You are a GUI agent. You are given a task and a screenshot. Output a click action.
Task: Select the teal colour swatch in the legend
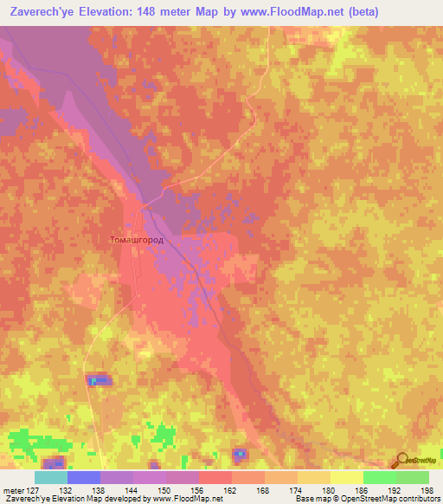(x=51, y=476)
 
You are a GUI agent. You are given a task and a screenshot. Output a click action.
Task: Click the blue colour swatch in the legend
(x=84, y=476)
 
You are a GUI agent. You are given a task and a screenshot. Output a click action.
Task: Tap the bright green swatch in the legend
(x=380, y=476)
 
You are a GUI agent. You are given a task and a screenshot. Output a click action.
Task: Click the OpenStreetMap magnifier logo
(x=401, y=460)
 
